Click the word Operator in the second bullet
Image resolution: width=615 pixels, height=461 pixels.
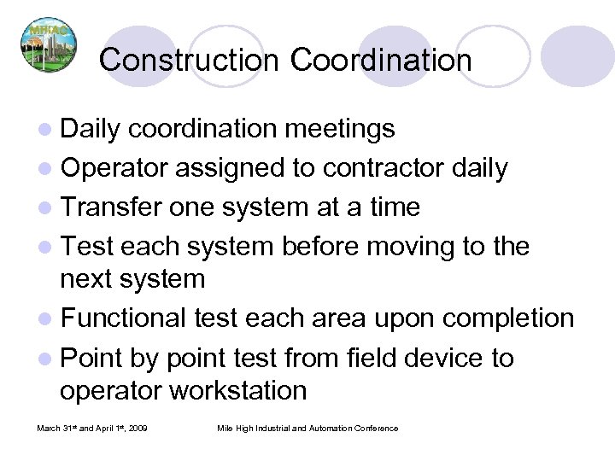(x=119, y=167)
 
